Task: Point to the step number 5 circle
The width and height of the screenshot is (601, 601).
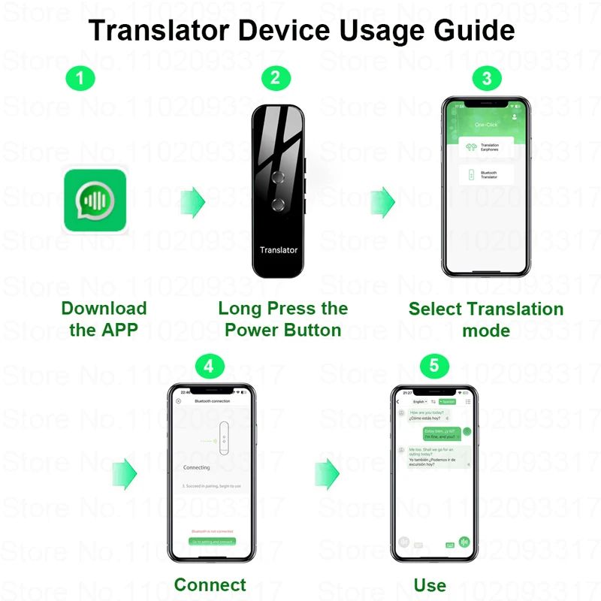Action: click(x=434, y=366)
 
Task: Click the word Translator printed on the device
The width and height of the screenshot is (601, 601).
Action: click(x=279, y=250)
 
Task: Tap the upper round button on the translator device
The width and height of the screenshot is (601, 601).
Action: click(x=279, y=177)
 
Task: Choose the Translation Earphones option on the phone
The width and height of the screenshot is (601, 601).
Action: click(x=486, y=148)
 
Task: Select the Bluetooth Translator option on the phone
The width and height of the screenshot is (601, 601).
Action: click(x=486, y=176)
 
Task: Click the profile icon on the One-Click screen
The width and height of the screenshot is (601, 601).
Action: click(x=515, y=117)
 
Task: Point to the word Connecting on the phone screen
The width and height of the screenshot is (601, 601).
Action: click(x=197, y=467)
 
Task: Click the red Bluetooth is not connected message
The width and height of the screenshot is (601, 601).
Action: click(x=211, y=531)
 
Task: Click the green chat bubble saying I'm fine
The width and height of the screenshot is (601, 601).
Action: click(x=441, y=433)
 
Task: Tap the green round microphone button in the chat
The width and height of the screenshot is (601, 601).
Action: click(x=465, y=542)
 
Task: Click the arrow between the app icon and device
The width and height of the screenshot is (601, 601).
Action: click(x=193, y=201)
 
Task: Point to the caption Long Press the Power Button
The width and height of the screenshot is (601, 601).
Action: click(x=283, y=319)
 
